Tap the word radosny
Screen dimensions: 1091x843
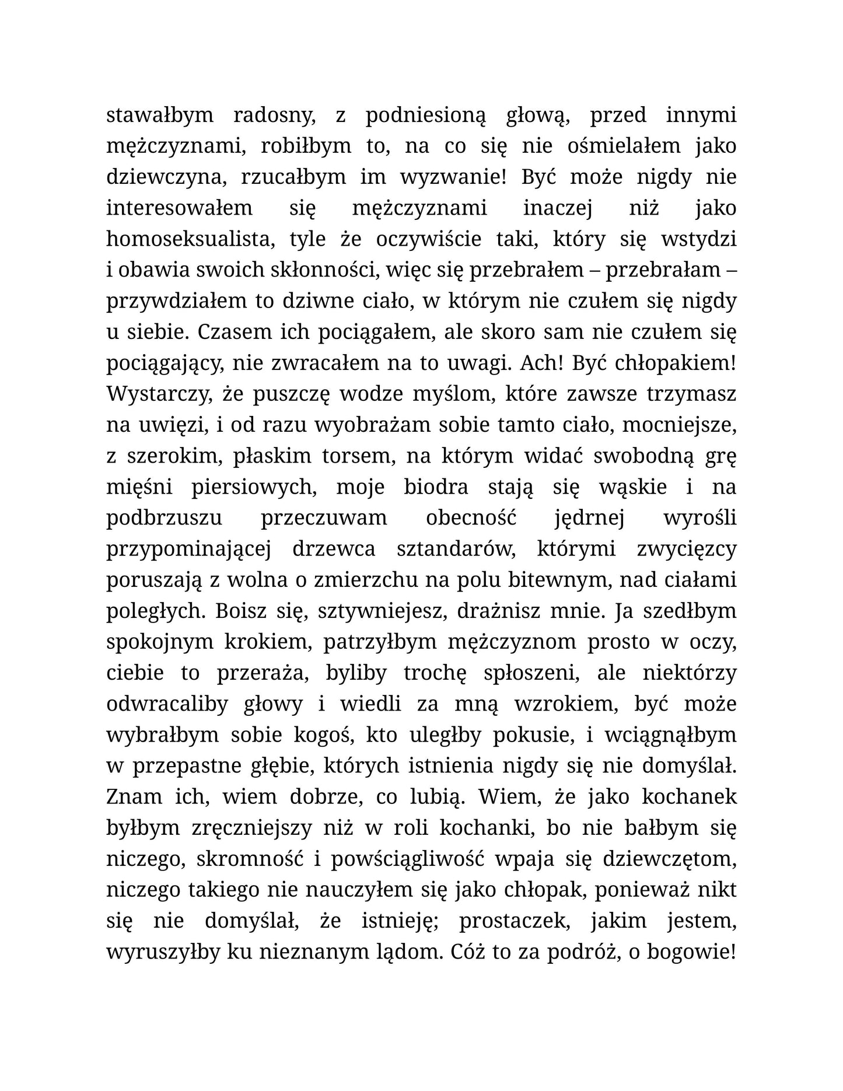click(274, 115)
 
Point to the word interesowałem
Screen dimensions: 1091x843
click(179, 208)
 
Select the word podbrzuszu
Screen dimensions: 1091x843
click(165, 517)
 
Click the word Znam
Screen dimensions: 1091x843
click(131, 796)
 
